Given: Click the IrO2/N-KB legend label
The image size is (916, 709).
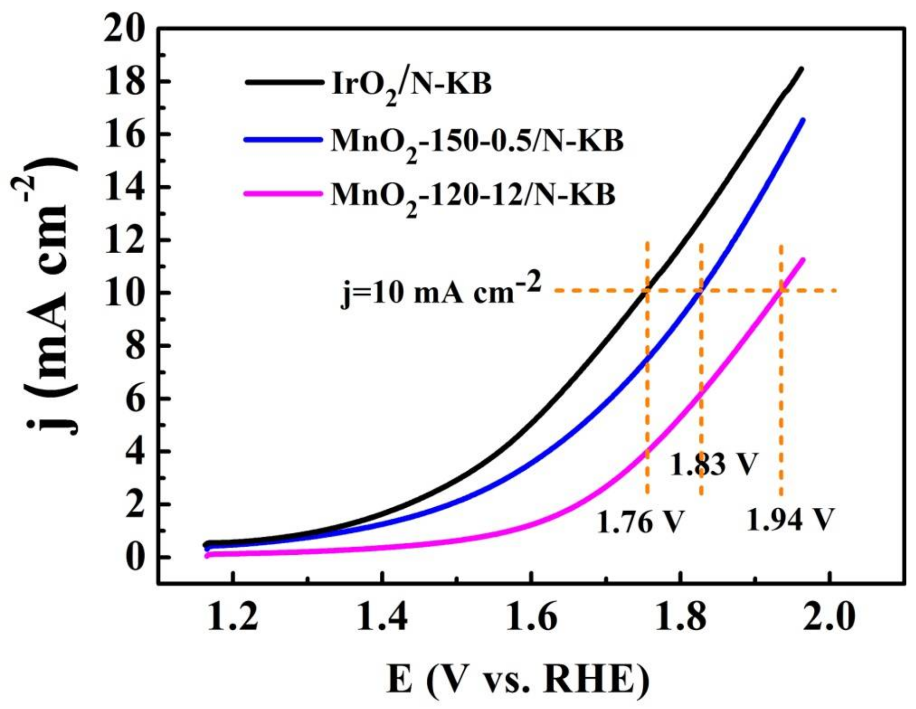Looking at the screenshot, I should click(411, 85).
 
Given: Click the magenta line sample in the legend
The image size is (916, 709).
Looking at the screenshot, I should click(283, 194).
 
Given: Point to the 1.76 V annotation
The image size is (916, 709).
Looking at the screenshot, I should click(640, 522).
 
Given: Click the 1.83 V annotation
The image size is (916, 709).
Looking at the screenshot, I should click(713, 465).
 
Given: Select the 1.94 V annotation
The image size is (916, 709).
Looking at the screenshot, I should click(791, 519).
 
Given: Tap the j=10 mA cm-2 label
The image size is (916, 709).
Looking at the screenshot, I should click(441, 291).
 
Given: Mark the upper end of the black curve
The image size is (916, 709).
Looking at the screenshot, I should click(801, 70).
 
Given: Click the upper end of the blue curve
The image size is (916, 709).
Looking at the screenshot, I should click(803, 121).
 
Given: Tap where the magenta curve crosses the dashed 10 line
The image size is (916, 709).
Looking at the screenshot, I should click(782, 291).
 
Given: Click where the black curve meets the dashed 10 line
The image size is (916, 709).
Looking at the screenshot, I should click(647, 291).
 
